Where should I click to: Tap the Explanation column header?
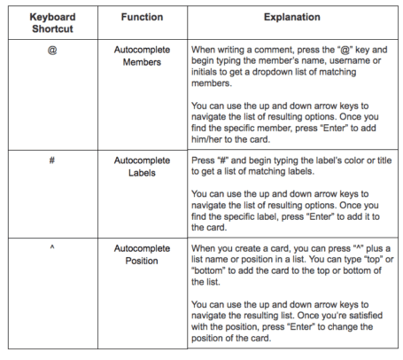click(291, 17)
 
